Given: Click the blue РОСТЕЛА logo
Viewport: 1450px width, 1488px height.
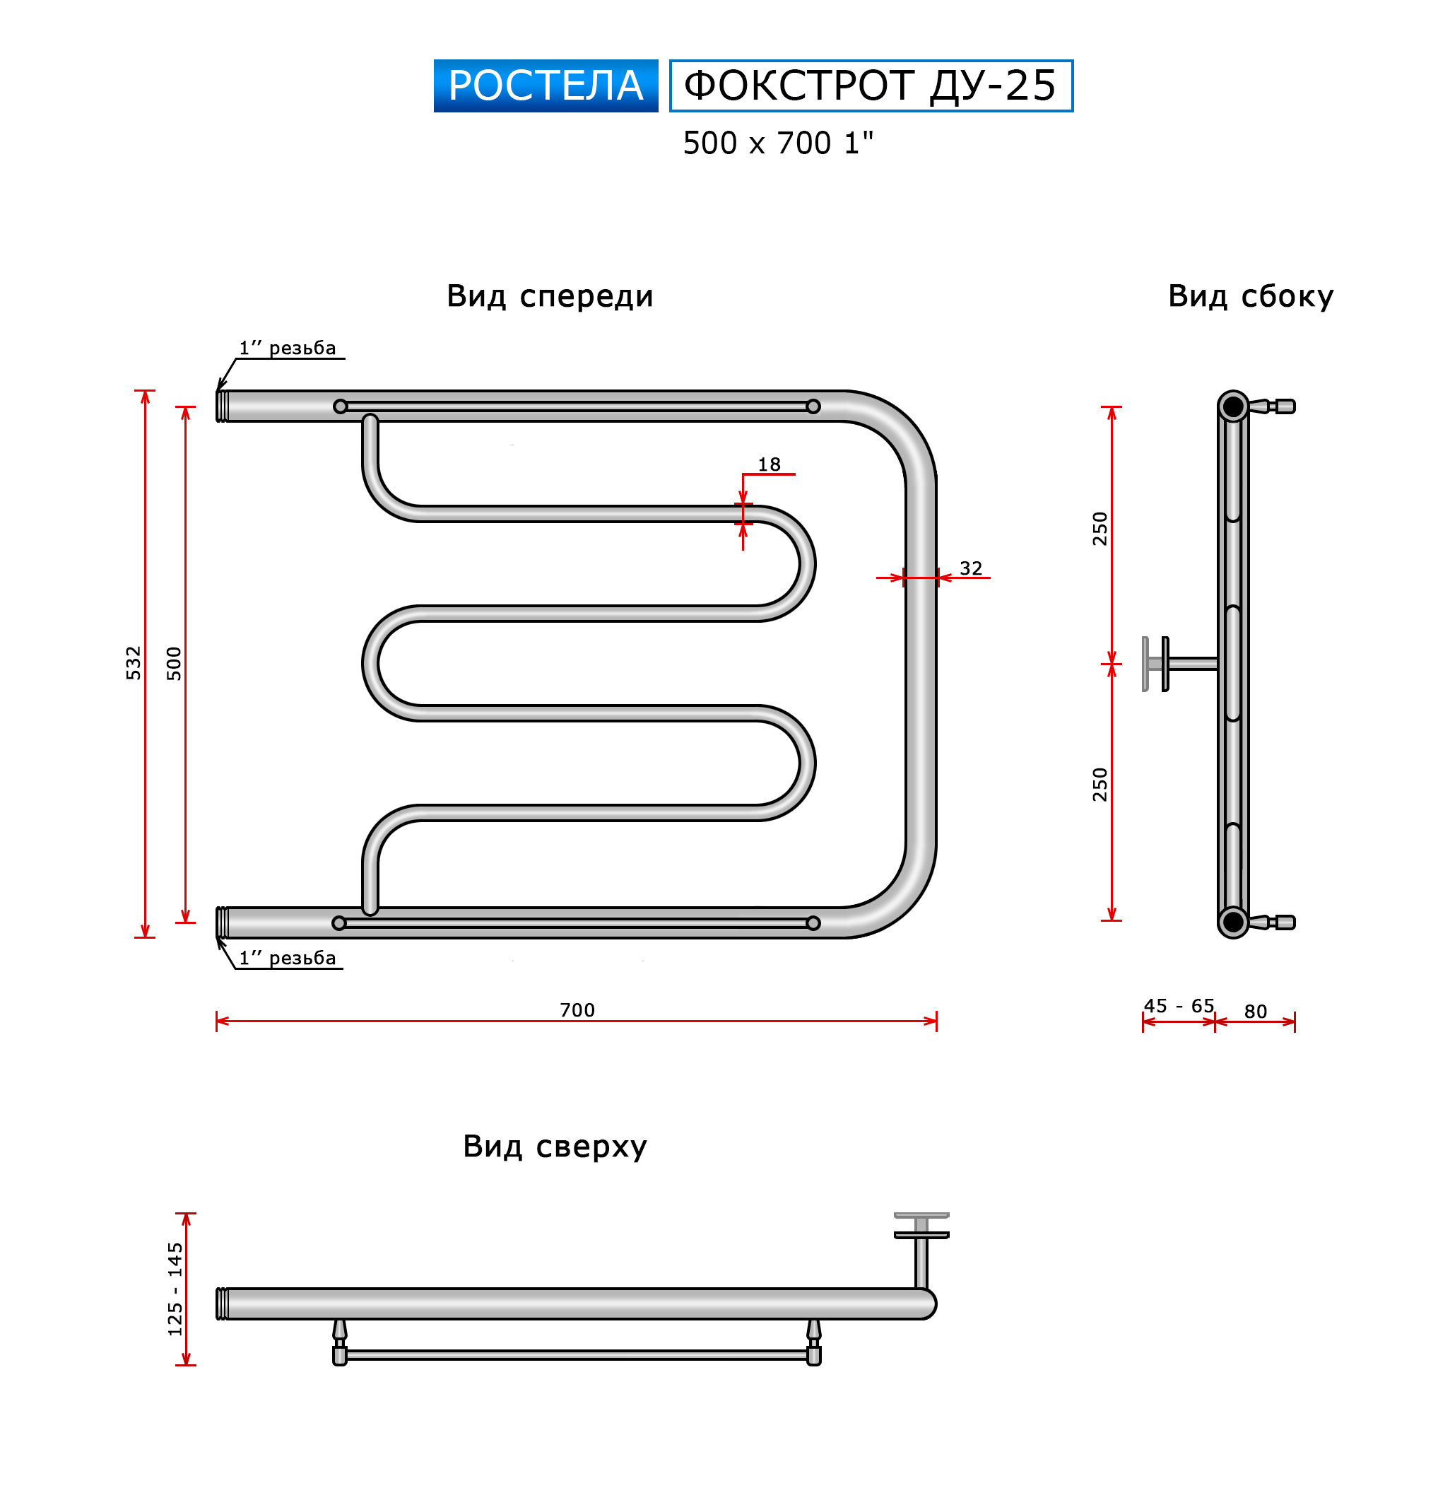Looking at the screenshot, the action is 546,86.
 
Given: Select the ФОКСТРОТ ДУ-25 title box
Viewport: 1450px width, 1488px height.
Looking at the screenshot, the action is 871,86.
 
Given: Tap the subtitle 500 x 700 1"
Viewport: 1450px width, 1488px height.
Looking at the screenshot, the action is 777,143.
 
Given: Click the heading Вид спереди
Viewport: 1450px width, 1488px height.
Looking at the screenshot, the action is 549,295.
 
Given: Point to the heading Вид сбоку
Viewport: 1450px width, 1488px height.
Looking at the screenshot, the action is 1251,295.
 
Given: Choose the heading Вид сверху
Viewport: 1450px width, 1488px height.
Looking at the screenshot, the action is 555,1146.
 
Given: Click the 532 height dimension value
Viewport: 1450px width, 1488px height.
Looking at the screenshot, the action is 134,663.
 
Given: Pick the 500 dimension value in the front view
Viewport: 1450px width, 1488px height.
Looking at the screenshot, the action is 175,663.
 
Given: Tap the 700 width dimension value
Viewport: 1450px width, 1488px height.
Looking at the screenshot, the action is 577,1010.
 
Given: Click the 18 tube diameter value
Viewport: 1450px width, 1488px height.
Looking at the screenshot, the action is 770,464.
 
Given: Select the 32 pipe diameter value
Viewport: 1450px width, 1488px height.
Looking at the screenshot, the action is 971,568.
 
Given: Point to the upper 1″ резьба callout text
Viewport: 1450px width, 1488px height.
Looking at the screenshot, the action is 287,348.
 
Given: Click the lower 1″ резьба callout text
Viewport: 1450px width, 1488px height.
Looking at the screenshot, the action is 287,958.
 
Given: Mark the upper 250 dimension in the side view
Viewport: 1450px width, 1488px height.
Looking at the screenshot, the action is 1100,529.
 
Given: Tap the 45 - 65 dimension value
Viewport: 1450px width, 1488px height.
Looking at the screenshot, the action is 1179,1006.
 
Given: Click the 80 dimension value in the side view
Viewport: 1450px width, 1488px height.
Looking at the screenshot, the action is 1256,1012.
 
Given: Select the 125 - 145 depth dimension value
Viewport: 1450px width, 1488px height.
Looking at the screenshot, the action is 175,1289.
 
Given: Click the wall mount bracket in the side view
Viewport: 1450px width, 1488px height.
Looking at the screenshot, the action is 1179,664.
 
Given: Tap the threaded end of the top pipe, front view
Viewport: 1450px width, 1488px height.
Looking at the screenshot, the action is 223,406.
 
